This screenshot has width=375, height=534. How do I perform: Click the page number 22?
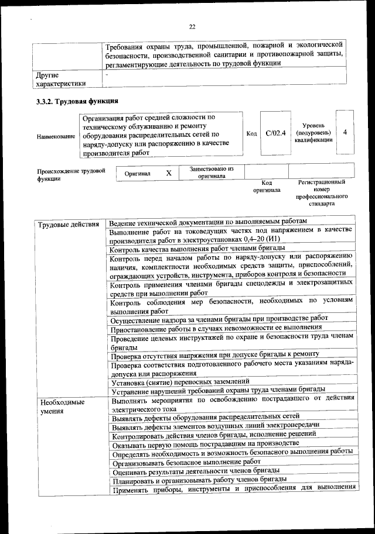point(192,26)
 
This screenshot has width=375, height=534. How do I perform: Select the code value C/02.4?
point(275,133)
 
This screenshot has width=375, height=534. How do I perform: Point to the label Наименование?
point(56,136)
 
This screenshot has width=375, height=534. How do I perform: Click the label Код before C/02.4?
point(251,134)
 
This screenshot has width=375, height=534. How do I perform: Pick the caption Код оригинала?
point(267,186)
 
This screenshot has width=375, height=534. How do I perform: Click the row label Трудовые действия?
point(68,225)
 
